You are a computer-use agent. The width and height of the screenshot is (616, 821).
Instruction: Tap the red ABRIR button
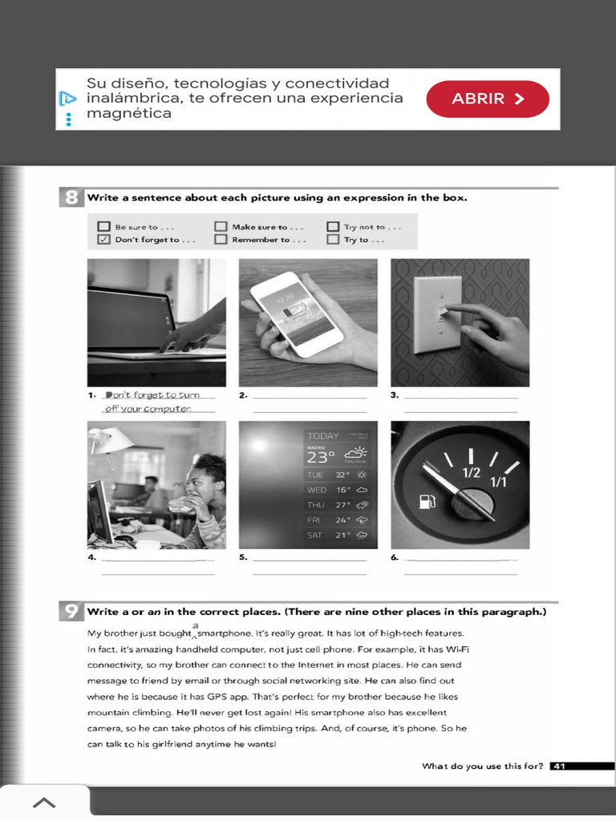488,99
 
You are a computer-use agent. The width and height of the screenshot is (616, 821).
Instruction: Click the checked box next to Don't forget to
103,239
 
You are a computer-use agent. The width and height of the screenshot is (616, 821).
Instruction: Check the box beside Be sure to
103,226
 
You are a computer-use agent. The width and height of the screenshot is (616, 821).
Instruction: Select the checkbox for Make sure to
221,226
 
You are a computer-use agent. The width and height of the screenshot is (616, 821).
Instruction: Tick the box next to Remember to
221,239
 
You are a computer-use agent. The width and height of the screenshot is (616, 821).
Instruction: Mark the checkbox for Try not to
333,226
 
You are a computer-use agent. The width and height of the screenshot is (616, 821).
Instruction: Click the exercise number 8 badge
71,197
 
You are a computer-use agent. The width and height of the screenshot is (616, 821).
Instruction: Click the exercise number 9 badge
71,612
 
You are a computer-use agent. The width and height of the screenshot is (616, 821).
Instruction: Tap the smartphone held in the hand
296,314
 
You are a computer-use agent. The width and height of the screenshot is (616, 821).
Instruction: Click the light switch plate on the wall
439,313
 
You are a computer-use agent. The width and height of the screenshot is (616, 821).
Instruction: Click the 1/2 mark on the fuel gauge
471,472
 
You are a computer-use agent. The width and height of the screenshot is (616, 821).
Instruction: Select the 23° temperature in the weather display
320,457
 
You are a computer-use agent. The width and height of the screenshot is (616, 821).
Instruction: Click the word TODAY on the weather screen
323,436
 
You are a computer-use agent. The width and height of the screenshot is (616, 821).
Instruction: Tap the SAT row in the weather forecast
337,535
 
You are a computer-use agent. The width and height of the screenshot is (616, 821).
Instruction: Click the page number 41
559,766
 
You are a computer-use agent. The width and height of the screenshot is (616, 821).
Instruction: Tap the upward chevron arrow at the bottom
44,803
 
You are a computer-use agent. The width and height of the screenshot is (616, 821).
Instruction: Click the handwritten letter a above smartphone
195,625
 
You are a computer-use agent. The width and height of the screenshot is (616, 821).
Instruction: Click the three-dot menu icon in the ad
69,119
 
